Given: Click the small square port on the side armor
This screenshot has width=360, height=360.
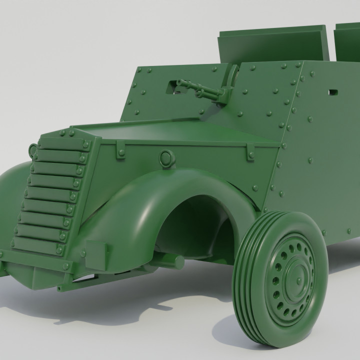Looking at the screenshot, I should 332,92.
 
